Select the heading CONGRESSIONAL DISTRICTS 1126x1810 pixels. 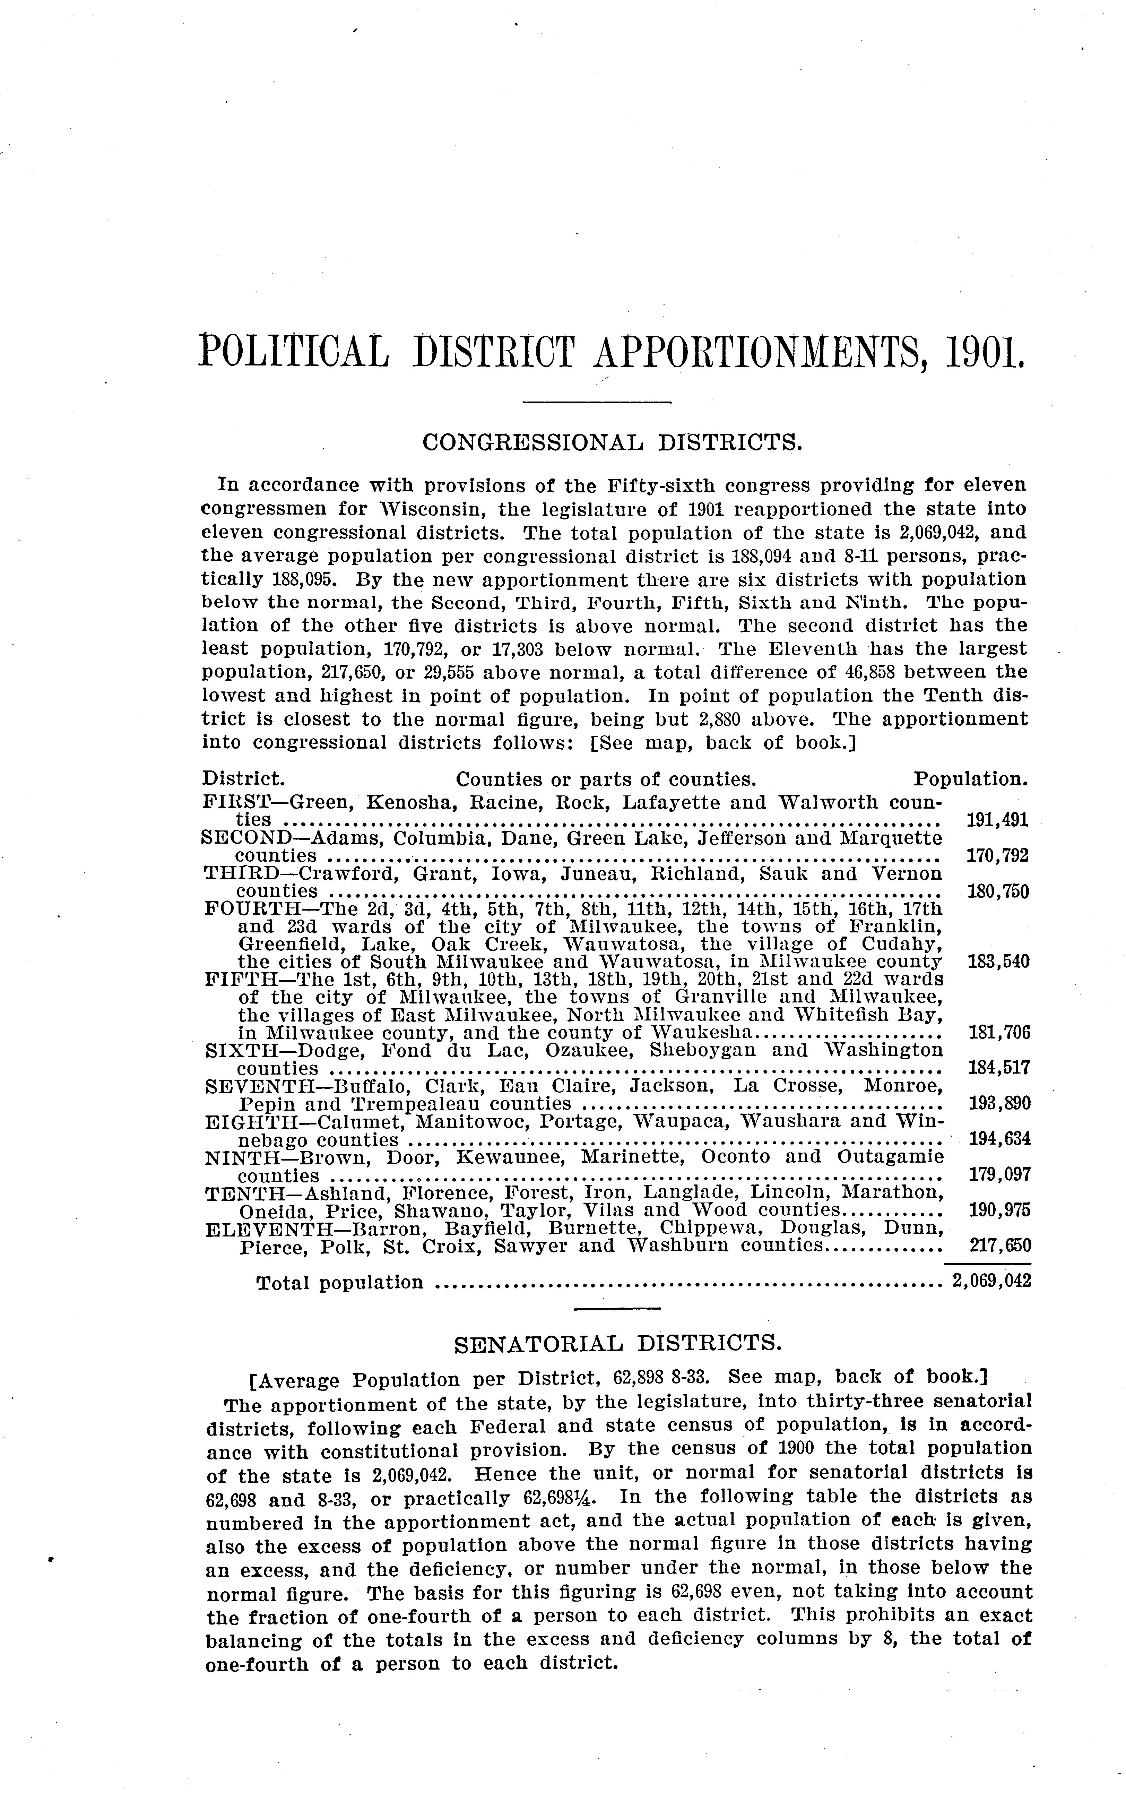coord(612,442)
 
